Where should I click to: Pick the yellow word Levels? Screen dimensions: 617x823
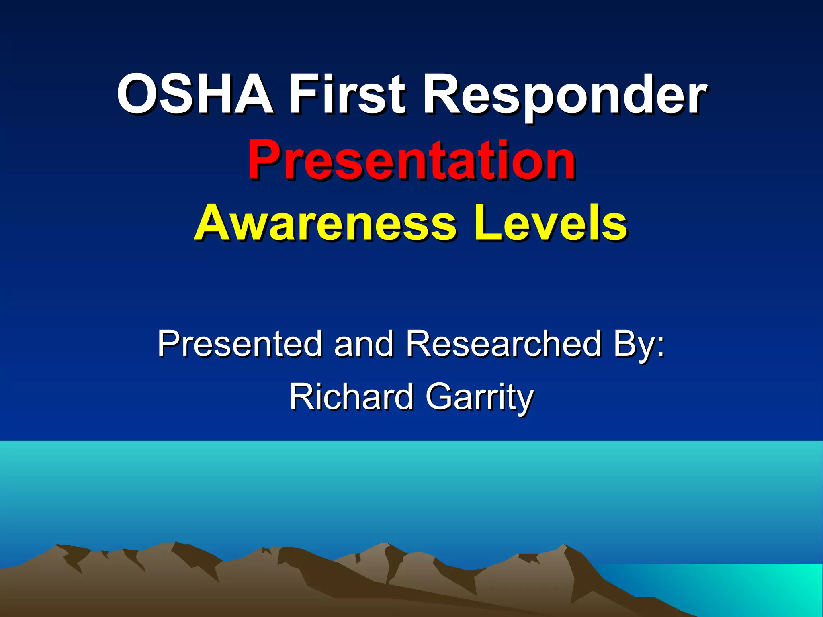(x=551, y=223)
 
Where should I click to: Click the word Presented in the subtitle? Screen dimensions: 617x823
(x=240, y=343)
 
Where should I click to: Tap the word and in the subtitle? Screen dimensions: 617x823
(x=364, y=343)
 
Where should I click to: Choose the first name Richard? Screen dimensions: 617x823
(x=351, y=397)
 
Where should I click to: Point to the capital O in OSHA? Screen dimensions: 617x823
(x=137, y=95)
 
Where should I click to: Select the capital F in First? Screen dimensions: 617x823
(x=303, y=95)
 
